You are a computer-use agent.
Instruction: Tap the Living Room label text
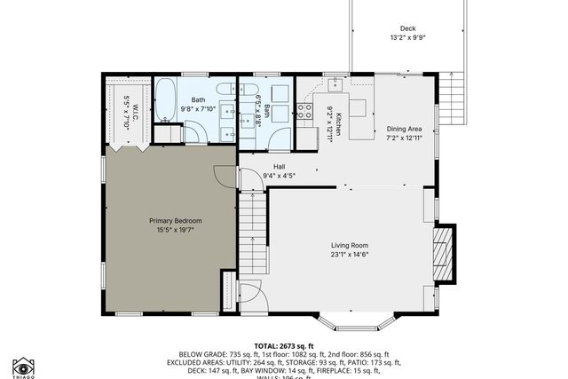pos(349,245)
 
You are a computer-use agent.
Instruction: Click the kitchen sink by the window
pos(335,85)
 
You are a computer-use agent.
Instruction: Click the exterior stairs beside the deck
pos(454,95)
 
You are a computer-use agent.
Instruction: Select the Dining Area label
pos(404,129)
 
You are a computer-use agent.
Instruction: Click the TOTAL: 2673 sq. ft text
pos(284,345)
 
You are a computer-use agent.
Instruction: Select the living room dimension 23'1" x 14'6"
pos(349,255)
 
